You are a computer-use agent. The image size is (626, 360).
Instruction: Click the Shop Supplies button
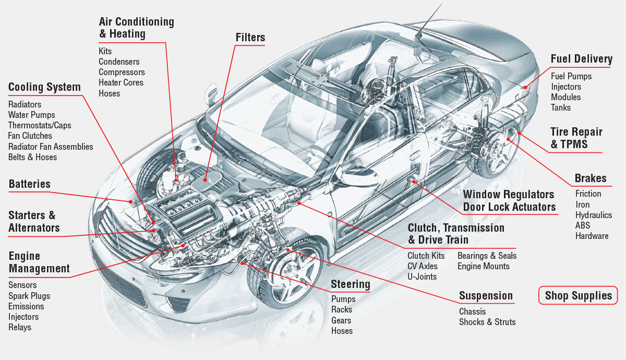point(578,295)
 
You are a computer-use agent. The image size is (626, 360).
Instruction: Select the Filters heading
point(250,37)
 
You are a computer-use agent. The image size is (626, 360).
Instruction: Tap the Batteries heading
point(30,184)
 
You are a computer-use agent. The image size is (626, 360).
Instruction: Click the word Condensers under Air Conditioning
point(119,62)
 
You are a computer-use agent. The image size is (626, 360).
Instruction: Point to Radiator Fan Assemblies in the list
point(51,147)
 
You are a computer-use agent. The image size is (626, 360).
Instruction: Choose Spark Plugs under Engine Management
point(29,296)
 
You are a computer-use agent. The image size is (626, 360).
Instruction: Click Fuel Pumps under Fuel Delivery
point(571,76)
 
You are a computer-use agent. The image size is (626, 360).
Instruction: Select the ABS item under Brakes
point(583,225)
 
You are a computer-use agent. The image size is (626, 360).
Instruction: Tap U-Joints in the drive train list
point(422,277)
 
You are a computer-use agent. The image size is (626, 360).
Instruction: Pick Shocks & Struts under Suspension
point(487,322)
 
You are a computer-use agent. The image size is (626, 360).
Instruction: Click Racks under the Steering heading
point(342,309)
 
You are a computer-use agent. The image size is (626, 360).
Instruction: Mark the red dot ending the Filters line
point(205,181)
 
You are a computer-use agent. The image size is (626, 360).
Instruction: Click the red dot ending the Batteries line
point(130,201)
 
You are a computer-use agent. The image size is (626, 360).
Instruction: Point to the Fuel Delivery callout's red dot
point(525,87)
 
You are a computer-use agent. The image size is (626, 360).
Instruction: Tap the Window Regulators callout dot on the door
point(413,182)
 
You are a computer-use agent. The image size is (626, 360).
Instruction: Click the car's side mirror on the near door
point(359,177)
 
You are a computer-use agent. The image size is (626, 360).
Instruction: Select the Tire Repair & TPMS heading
point(576,138)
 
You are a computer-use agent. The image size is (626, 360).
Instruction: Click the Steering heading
point(351,284)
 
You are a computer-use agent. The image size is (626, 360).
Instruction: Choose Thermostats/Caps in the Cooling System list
point(40,125)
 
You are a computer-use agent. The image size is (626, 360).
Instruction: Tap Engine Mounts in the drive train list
point(484,266)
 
